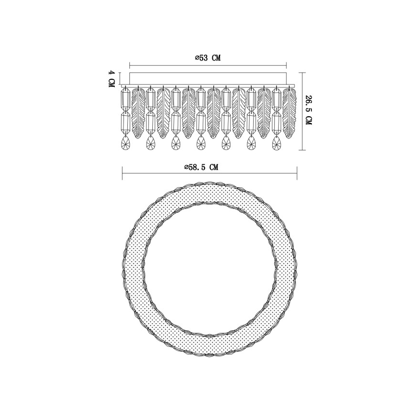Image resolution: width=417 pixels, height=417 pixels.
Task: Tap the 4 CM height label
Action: (x=111, y=78)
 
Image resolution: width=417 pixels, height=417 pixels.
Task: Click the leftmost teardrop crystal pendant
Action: (x=125, y=143)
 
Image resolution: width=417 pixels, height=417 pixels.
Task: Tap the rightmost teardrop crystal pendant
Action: (x=276, y=143)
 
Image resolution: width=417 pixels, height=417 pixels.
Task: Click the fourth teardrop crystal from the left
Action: (x=200, y=143)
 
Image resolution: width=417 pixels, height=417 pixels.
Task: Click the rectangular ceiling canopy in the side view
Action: (x=208, y=79)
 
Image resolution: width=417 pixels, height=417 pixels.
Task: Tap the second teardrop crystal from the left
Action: (x=150, y=143)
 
